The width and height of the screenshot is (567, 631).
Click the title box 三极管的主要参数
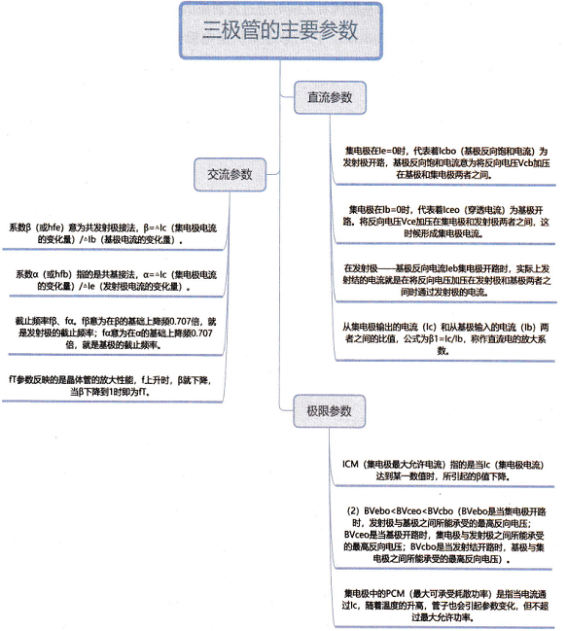280,30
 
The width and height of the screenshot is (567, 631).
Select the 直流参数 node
330,97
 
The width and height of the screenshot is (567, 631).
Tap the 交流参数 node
230,175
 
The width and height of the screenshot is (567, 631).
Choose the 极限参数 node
329,411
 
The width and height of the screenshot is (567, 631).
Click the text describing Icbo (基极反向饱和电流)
445,163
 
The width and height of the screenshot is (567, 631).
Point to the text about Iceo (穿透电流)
445,222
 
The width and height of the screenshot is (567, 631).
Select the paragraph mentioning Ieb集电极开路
446,280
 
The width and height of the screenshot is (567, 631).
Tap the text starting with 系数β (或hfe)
113,233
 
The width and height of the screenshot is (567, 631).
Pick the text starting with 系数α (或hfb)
116,280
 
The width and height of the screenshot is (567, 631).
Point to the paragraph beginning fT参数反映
110,386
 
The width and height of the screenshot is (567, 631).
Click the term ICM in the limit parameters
350,465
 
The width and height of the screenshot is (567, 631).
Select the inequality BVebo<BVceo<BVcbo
408,511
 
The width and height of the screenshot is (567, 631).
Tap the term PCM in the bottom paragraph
395,594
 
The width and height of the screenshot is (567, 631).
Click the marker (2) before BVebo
353,511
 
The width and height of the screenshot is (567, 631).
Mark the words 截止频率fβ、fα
45,322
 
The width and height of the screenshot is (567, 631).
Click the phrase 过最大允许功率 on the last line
441,617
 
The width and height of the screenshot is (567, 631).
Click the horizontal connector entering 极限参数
287,410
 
